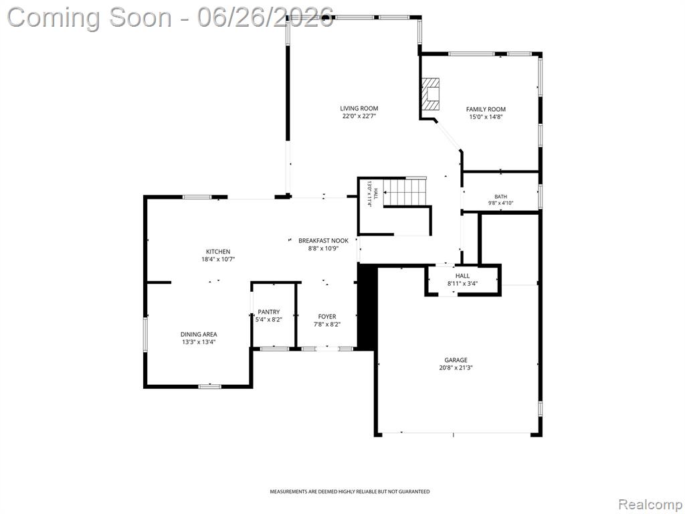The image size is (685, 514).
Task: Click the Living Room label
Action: [359, 108]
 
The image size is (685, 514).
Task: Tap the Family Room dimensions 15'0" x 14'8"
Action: [486, 116]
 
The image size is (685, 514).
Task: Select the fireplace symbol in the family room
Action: [430, 94]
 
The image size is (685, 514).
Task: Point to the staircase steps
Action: [405, 192]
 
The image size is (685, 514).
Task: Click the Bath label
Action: [500, 197]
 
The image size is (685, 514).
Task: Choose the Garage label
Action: [456, 360]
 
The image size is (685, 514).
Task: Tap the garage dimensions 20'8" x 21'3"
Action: [456, 367]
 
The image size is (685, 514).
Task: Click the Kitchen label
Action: [218, 252]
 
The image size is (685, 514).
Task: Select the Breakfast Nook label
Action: [323, 241]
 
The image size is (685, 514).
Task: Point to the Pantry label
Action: [269, 312]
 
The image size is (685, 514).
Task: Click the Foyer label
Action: [327, 317]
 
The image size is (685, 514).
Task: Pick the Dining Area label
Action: [199, 335]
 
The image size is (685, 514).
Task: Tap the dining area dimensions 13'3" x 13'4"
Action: [199, 342]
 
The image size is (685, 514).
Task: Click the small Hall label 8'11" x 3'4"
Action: [462, 279]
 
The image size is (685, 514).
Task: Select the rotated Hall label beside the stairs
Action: [372, 193]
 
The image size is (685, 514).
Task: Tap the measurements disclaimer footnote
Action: [349, 492]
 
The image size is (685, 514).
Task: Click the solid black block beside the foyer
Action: [367, 306]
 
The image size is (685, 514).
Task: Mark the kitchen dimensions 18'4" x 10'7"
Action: [218, 259]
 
